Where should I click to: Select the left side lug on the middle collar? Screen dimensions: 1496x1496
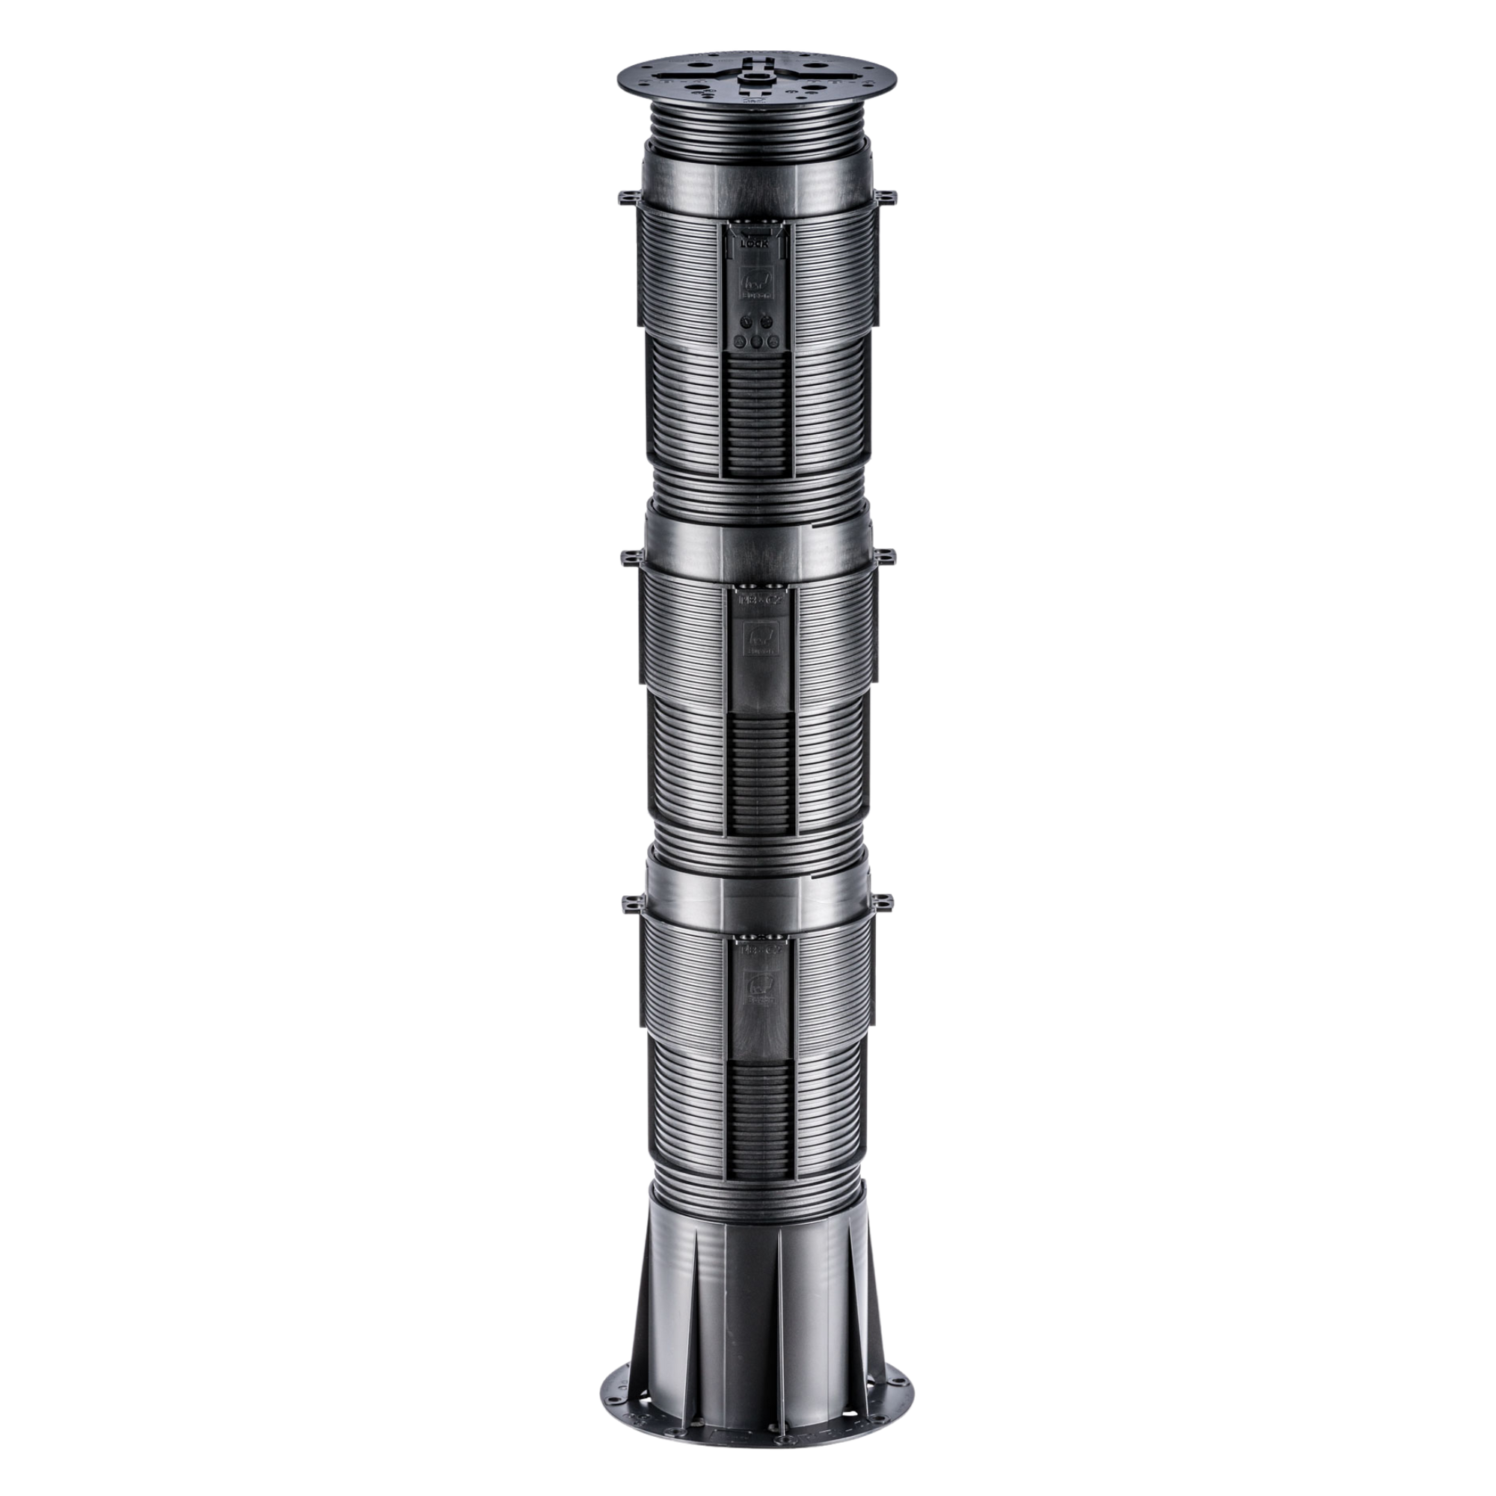pos(625,556)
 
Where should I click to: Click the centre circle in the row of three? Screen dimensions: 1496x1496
pos(756,343)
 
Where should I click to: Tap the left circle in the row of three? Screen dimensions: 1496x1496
pos(741,343)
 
